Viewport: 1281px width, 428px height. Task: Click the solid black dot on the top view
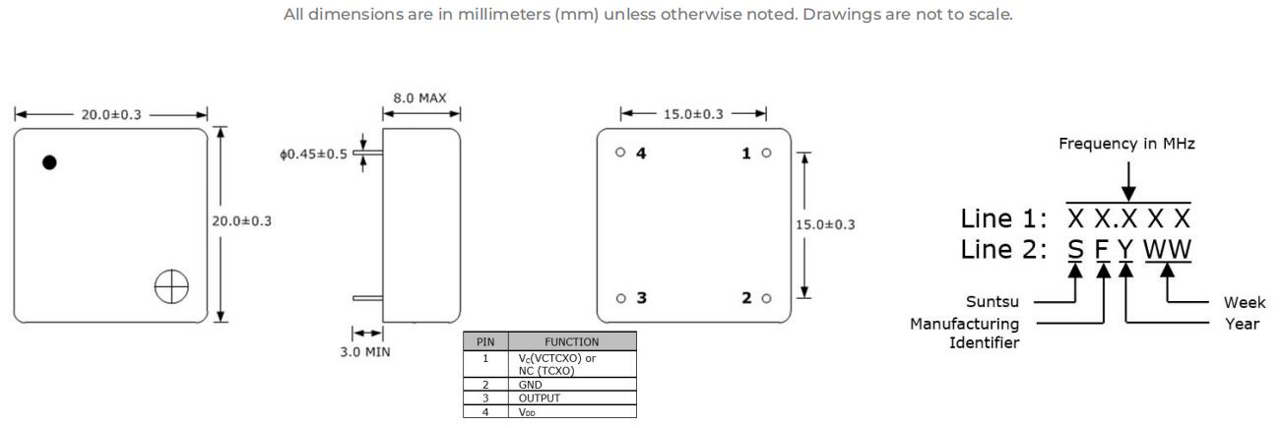pos(50,163)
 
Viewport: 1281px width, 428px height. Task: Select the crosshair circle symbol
pos(171,286)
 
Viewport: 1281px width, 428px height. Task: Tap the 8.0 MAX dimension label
pos(419,98)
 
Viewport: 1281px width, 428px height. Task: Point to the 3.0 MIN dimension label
pos(365,352)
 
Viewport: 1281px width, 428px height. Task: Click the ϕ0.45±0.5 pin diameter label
pos(313,154)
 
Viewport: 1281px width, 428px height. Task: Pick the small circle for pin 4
pos(620,152)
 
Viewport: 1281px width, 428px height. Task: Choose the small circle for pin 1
pos(766,153)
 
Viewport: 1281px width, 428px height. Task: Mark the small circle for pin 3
pos(621,298)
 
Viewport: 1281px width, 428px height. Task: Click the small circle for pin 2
pos(766,298)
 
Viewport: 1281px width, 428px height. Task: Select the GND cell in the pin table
pos(530,385)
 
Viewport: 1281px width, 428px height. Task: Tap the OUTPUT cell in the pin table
pos(540,397)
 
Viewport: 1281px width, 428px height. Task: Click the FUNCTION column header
pos(572,341)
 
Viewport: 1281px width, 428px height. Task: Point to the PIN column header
pos(485,341)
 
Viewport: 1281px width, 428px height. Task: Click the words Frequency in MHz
pos(1126,144)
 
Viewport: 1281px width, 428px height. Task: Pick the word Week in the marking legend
pos(1245,302)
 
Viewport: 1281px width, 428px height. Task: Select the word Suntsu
pos(993,302)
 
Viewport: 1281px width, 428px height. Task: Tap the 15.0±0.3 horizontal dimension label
pos(693,114)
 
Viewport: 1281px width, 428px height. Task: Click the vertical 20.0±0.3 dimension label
pos(242,221)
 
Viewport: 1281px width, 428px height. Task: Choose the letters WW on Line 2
pos(1167,250)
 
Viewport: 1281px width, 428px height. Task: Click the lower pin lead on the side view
pos(367,298)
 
